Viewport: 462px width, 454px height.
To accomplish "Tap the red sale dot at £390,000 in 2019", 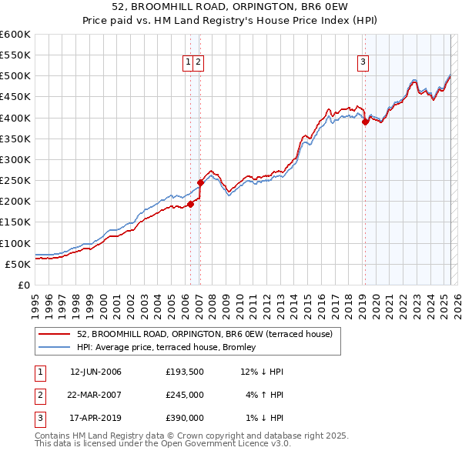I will pyautogui.click(x=365, y=122).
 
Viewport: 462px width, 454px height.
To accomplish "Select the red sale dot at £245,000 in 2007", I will pyautogui.click(x=200, y=182).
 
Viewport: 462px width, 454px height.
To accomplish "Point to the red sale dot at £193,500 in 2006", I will pyautogui.click(x=190, y=204).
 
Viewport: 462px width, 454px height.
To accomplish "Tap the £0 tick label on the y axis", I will pyautogui.click(x=23, y=285).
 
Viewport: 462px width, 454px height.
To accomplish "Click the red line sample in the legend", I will pyautogui.click(x=55, y=334).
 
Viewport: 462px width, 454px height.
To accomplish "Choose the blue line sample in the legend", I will pyautogui.click(x=55, y=346).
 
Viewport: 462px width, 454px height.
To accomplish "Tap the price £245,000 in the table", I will pyautogui.click(x=184, y=395).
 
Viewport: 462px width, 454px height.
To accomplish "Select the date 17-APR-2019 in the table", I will pyautogui.click(x=95, y=418).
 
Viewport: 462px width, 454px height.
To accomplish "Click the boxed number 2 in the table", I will pyautogui.click(x=38, y=395).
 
